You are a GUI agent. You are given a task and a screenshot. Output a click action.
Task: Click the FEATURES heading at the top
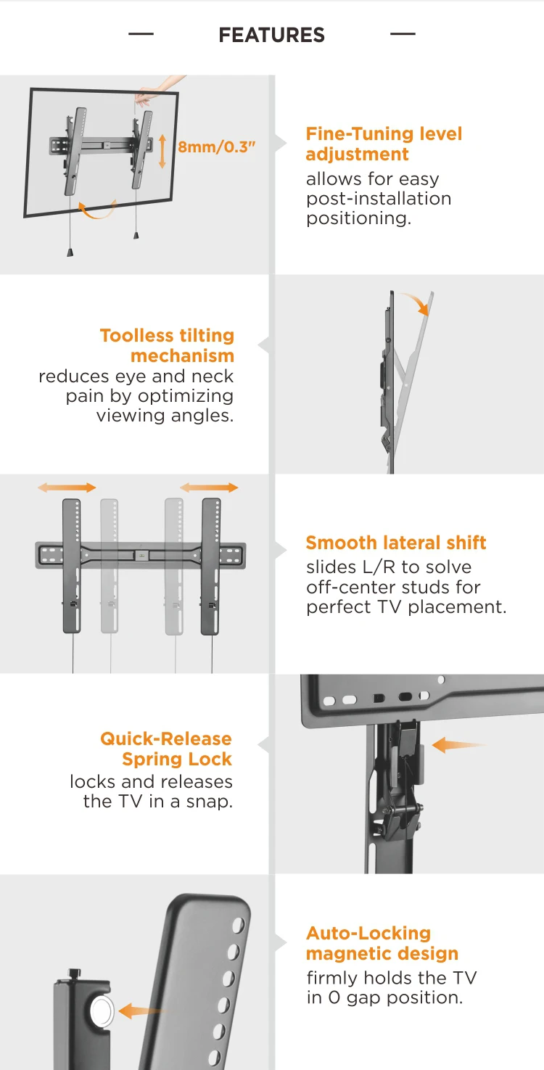(271, 36)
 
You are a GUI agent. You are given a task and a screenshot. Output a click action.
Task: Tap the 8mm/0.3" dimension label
(216, 147)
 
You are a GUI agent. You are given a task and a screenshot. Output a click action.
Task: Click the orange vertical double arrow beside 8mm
(162, 151)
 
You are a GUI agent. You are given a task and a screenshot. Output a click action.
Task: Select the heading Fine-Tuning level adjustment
(384, 144)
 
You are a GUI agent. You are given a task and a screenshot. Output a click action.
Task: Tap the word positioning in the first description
(358, 218)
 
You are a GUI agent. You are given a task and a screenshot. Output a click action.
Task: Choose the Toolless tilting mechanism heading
(167, 345)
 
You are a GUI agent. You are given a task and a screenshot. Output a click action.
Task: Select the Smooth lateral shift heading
(396, 543)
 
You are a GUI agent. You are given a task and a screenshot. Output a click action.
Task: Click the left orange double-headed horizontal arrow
(67, 487)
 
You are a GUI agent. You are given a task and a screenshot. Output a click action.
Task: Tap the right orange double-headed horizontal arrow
(209, 487)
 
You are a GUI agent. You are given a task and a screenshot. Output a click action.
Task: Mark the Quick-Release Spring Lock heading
(165, 749)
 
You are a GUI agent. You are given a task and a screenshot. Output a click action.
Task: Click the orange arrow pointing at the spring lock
(459, 745)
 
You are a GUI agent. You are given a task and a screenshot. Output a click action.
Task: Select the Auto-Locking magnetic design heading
(382, 943)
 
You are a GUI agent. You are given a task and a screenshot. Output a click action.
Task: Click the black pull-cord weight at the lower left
(70, 252)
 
